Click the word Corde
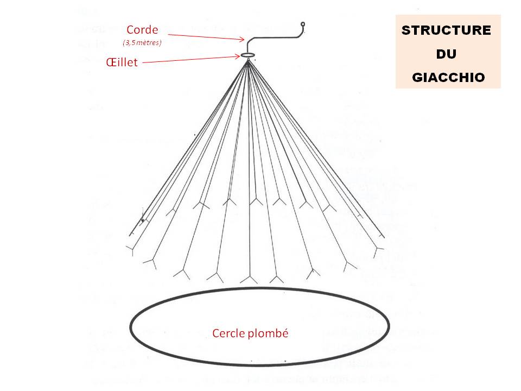click(142, 29)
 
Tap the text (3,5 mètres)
click(142, 42)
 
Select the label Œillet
click(122, 62)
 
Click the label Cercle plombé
click(250, 333)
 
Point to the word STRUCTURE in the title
click(446, 30)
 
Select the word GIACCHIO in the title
click(448, 77)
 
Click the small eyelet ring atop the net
click(247, 55)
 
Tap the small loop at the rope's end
click(303, 24)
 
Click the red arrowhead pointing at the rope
click(242, 39)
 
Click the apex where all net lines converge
click(248, 61)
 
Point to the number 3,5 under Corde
click(131, 42)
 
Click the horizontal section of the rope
click(274, 39)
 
